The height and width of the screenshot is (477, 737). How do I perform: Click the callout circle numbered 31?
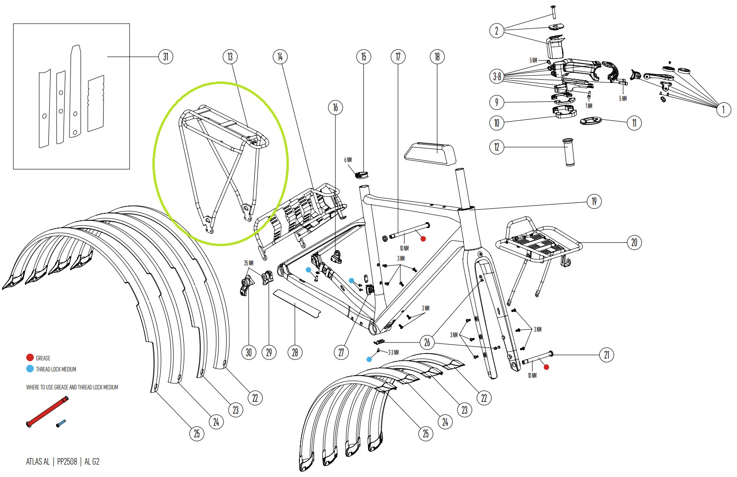165,57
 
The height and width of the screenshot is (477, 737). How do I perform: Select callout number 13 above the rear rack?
230,57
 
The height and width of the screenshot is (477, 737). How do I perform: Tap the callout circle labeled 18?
437,57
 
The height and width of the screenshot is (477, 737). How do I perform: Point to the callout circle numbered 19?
594,201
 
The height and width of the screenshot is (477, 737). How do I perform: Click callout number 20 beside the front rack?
634,242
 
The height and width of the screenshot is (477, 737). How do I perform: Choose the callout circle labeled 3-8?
497,77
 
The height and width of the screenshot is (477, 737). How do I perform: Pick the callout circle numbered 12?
497,147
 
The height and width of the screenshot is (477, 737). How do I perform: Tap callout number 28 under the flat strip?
295,353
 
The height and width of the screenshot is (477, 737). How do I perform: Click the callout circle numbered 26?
427,342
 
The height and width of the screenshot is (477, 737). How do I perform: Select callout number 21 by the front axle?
606,354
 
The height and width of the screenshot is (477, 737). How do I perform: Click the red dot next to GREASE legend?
30,358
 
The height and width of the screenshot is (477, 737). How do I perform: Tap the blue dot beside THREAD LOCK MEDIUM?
30,369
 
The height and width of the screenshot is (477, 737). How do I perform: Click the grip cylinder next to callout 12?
569,151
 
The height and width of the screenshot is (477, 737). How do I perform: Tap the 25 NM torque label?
249,263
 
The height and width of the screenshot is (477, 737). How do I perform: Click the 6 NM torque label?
348,160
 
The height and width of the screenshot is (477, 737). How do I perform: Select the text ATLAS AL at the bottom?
38,461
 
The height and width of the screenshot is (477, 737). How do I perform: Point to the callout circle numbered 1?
723,109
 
